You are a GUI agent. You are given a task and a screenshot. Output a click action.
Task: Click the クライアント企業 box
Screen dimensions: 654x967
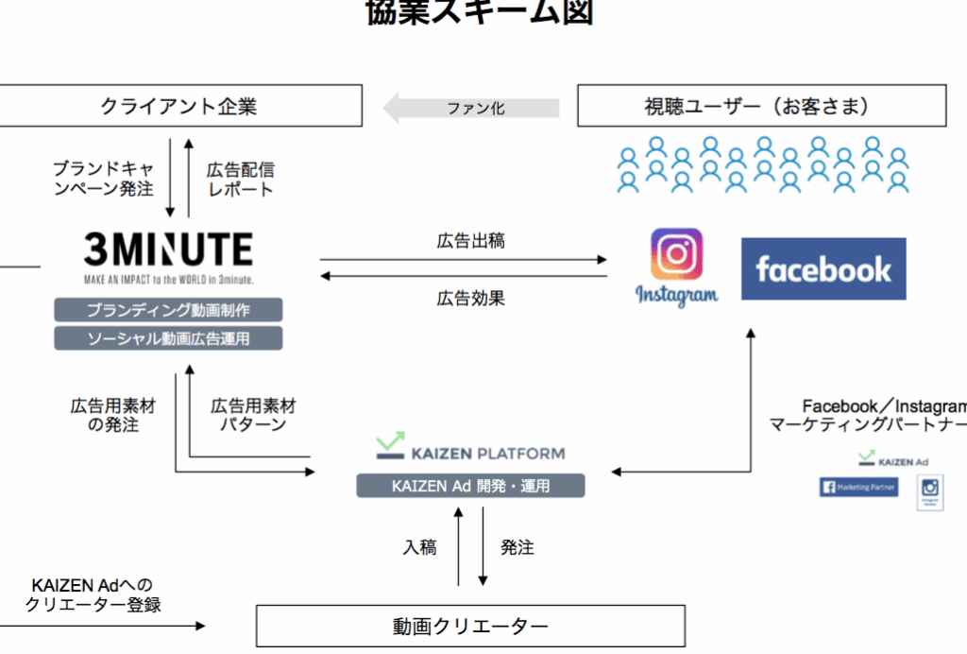[179, 106]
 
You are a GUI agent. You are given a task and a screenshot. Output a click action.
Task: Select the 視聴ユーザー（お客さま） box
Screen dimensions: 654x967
[762, 106]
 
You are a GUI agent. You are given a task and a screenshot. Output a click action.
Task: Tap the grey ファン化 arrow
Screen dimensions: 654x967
[472, 108]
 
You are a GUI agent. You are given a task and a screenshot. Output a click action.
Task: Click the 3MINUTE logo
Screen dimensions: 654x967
[168, 250]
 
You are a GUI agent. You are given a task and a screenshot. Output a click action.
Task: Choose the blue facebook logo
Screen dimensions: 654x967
[823, 269]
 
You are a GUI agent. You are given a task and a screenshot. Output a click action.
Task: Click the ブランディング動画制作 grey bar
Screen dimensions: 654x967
[168, 310]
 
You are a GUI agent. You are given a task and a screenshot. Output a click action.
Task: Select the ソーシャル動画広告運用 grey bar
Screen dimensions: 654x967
[168, 337]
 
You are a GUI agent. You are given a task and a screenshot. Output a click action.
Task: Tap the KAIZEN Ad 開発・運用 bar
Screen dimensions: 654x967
[470, 486]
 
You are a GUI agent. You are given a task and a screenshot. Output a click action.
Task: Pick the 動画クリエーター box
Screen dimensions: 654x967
[470, 626]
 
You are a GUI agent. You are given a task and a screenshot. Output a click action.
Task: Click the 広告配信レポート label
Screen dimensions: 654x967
[240, 180]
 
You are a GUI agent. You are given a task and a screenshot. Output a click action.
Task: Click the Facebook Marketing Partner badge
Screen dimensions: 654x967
[858, 487]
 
